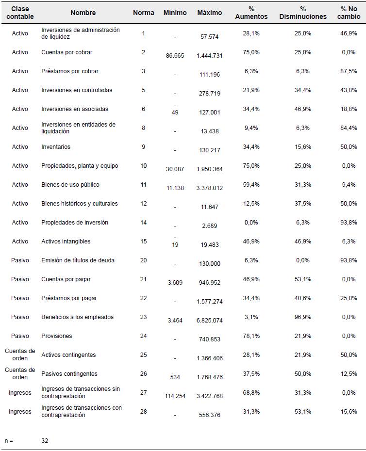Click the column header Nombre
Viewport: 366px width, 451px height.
coord(83,13)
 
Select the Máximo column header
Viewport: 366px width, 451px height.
coord(210,13)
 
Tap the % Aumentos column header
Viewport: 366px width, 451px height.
coord(251,13)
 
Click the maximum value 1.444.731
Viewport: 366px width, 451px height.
coord(210,56)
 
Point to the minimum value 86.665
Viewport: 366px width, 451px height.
coord(175,56)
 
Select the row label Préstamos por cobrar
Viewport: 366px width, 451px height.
coord(70,71)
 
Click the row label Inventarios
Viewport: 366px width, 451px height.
coord(56,147)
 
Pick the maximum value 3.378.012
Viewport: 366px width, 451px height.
coord(210,188)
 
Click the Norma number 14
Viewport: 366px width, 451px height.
coord(143,223)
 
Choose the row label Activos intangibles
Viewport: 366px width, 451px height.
coord(66,242)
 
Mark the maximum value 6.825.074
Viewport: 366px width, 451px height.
coord(210,321)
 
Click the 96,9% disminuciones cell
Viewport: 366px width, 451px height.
coord(303,317)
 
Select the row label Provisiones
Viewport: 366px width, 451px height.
coord(57,336)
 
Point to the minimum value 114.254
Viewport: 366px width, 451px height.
coord(175,396)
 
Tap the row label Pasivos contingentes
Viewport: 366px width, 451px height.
coord(69,374)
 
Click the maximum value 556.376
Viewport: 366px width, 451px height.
coord(210,415)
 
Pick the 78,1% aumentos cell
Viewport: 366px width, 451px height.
coord(251,336)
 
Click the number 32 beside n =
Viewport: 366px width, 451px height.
coord(45,441)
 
